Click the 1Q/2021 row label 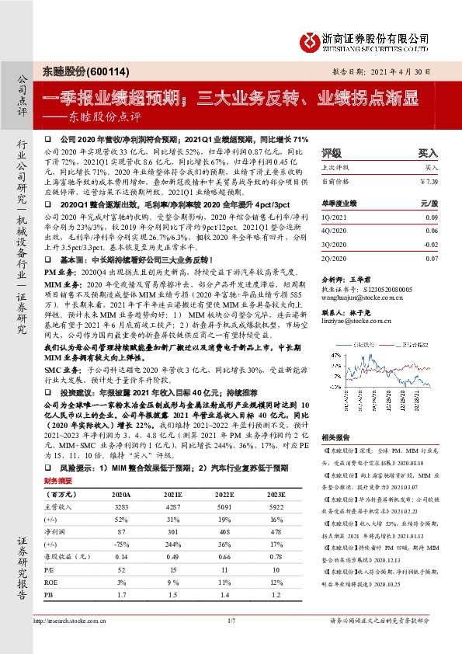[x=333, y=220]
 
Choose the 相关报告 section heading [x=337, y=438]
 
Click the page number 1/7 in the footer [x=230, y=642]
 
